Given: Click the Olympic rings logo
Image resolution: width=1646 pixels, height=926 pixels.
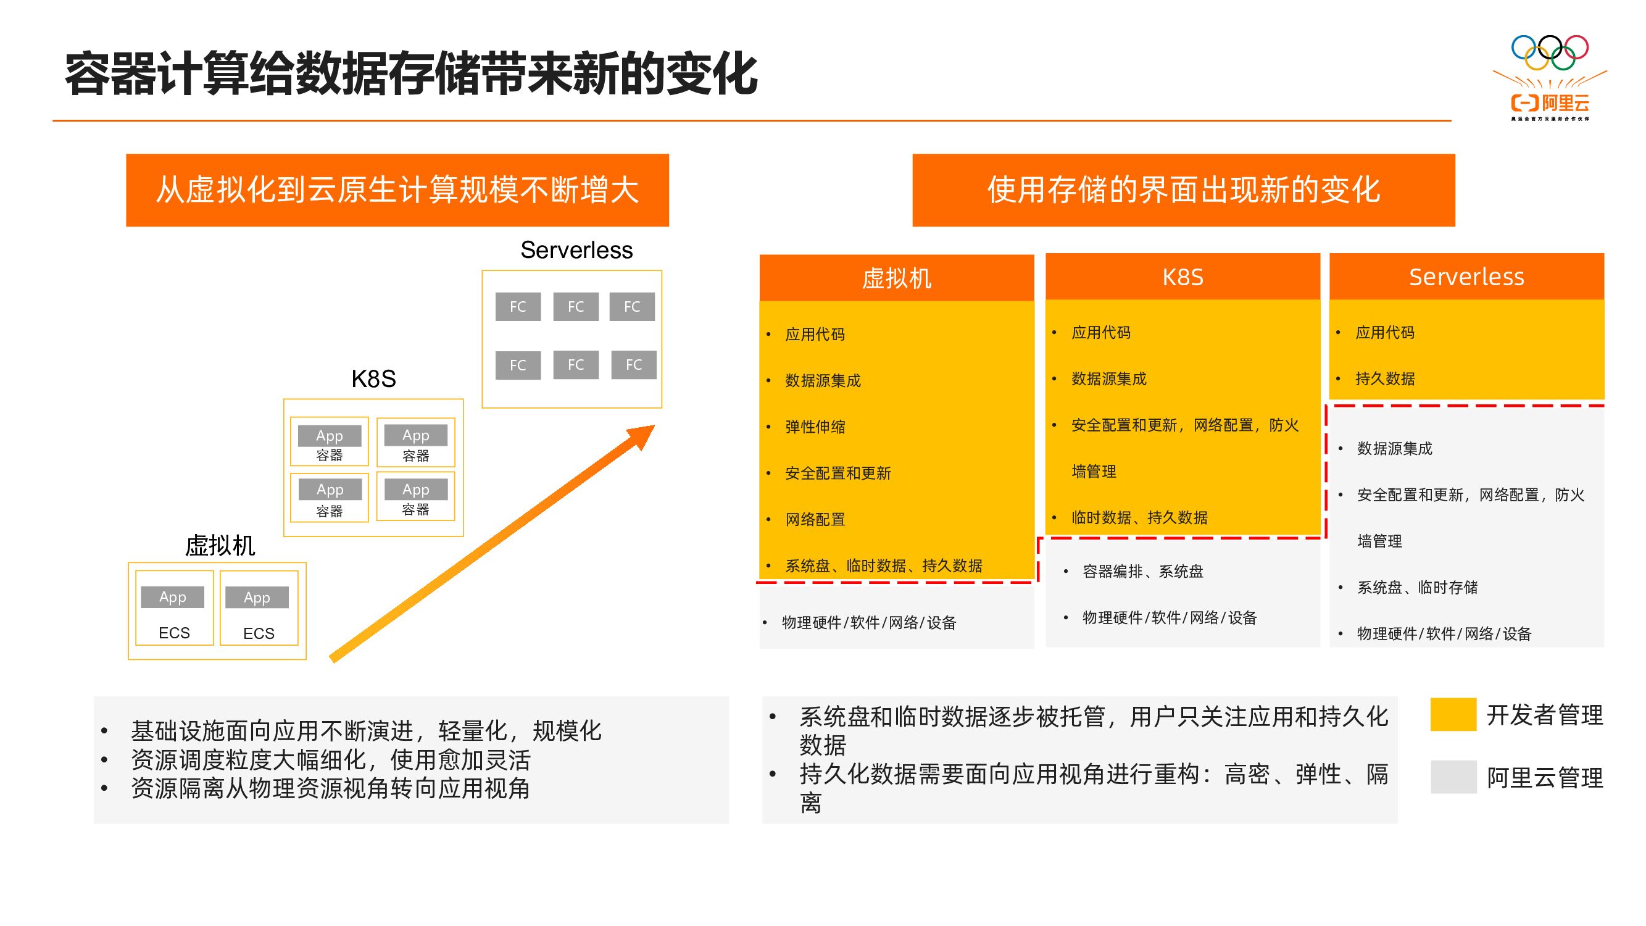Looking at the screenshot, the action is [x=1549, y=52].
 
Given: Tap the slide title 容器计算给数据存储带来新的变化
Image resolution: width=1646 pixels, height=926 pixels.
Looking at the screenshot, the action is [x=411, y=75].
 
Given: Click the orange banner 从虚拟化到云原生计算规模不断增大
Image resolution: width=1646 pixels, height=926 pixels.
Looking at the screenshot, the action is [x=397, y=190].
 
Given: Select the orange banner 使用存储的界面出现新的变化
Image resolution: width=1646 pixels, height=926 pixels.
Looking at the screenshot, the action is [x=1183, y=190].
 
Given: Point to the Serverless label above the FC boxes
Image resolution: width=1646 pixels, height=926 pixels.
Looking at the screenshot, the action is [x=576, y=250].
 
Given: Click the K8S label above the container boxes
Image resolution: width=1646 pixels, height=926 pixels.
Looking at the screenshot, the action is [x=373, y=379].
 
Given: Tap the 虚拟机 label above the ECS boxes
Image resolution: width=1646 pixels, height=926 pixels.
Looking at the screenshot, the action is [x=220, y=545].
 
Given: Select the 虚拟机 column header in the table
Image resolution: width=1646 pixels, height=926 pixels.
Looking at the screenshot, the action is [x=896, y=278].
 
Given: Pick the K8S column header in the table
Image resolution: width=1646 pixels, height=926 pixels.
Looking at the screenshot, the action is [x=1182, y=277].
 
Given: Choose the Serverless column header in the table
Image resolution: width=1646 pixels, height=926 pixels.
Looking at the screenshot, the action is [x=1466, y=277].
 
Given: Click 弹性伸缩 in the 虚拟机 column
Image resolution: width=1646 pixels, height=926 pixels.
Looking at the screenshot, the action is [x=815, y=427].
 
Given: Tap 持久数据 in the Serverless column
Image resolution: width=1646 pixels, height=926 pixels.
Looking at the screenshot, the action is [x=1385, y=378].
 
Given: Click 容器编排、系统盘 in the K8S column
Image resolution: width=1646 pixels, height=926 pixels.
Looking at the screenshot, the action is [x=1142, y=571].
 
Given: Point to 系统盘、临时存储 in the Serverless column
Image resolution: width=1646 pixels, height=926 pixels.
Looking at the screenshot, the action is [x=1416, y=587].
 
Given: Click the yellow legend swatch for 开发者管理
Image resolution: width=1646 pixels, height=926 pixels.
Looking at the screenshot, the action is [x=1452, y=714].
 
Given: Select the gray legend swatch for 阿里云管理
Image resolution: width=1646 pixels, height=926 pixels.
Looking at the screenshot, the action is [x=1452, y=777].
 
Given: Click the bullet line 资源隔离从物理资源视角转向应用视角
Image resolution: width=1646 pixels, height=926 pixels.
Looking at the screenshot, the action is [x=330, y=788].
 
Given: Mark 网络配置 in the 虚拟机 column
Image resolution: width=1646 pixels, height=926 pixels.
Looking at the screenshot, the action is [x=815, y=520].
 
